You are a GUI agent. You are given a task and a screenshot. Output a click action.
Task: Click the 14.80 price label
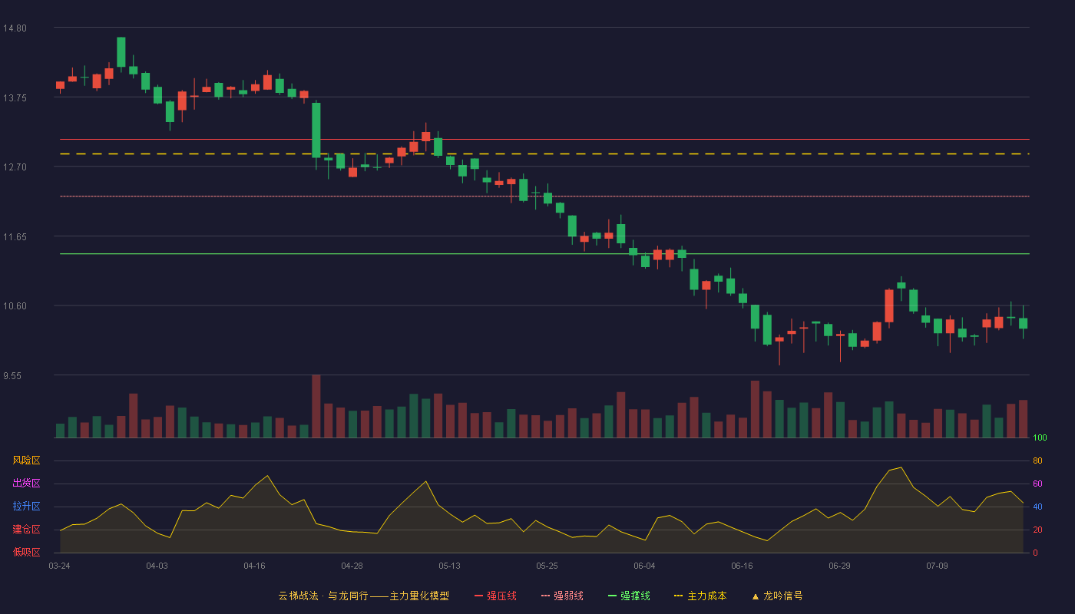click(x=15, y=28)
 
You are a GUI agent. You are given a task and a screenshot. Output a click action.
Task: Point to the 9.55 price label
click(x=12, y=376)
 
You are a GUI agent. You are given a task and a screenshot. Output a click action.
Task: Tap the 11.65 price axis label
click(x=15, y=237)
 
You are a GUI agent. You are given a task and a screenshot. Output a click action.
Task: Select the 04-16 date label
click(x=254, y=566)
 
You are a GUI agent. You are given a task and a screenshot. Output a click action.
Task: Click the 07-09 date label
click(x=938, y=566)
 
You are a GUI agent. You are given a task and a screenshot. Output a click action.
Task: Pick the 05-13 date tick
click(x=449, y=566)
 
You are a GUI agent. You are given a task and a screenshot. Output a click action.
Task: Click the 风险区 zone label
click(x=26, y=460)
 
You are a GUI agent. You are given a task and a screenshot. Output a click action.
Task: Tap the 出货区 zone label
click(x=26, y=483)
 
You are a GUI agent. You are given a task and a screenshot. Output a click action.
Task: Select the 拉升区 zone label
click(x=26, y=506)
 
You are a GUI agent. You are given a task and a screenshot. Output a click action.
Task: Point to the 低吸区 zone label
click(x=26, y=552)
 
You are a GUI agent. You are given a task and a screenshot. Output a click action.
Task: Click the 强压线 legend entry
click(x=495, y=596)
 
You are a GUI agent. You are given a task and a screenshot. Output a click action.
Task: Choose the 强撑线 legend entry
click(x=629, y=596)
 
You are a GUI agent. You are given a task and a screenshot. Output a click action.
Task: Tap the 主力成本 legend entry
click(x=700, y=596)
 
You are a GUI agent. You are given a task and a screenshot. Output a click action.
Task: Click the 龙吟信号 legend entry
click(x=777, y=596)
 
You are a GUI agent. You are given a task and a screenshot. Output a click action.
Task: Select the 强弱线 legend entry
click(x=562, y=596)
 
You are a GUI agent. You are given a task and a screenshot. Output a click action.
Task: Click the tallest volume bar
click(x=316, y=406)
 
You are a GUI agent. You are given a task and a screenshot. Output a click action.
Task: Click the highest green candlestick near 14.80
click(x=121, y=52)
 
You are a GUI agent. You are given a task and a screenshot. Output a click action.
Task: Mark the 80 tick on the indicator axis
click(x=1037, y=460)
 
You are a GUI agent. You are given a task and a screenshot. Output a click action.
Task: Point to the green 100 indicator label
click(x=1040, y=437)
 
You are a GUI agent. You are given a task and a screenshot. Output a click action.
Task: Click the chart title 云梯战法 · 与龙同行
click(x=323, y=596)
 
